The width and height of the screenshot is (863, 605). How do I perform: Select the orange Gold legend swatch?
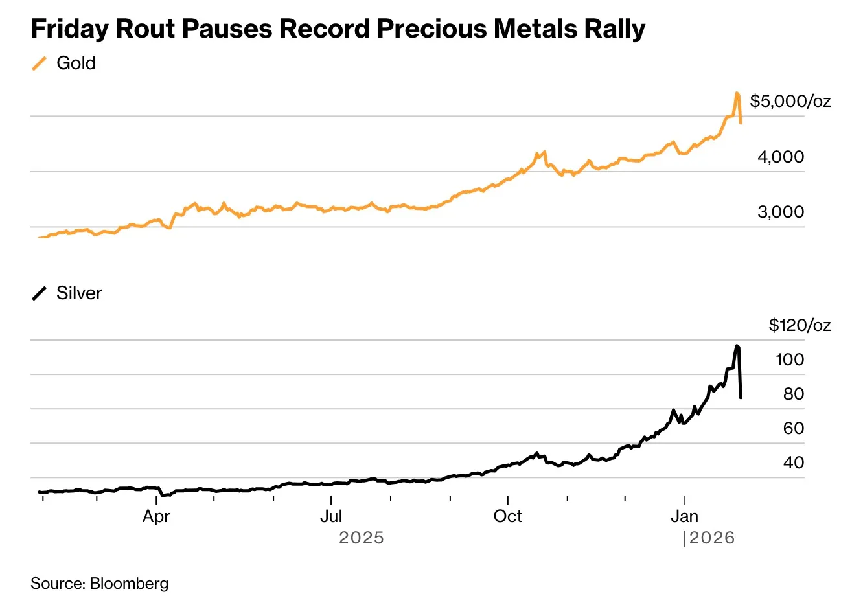[40, 63]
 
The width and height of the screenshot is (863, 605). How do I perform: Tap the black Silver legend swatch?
[40, 293]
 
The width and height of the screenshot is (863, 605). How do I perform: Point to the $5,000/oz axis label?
[790, 101]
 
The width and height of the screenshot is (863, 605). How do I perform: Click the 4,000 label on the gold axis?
[781, 157]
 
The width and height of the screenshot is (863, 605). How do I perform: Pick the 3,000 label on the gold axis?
[781, 212]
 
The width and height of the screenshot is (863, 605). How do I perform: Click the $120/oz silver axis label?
[800, 325]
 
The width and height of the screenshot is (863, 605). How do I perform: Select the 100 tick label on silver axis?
[790, 360]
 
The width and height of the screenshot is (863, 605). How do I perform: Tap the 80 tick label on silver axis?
[794, 394]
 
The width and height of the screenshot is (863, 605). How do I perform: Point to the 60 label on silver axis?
[794, 428]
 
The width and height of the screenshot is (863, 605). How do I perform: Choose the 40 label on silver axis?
[794, 462]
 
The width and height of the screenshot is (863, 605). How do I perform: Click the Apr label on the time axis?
[156, 516]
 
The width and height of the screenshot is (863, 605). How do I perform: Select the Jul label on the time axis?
[331, 516]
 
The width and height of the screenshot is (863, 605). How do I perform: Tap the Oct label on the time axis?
[507, 516]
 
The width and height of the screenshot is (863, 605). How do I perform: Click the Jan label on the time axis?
[684, 516]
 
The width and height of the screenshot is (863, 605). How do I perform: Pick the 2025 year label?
[362, 538]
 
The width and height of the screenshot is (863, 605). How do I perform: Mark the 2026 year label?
[712, 538]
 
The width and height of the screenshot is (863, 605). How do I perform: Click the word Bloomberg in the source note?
[129, 584]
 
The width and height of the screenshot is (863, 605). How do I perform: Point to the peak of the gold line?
[737, 93]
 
